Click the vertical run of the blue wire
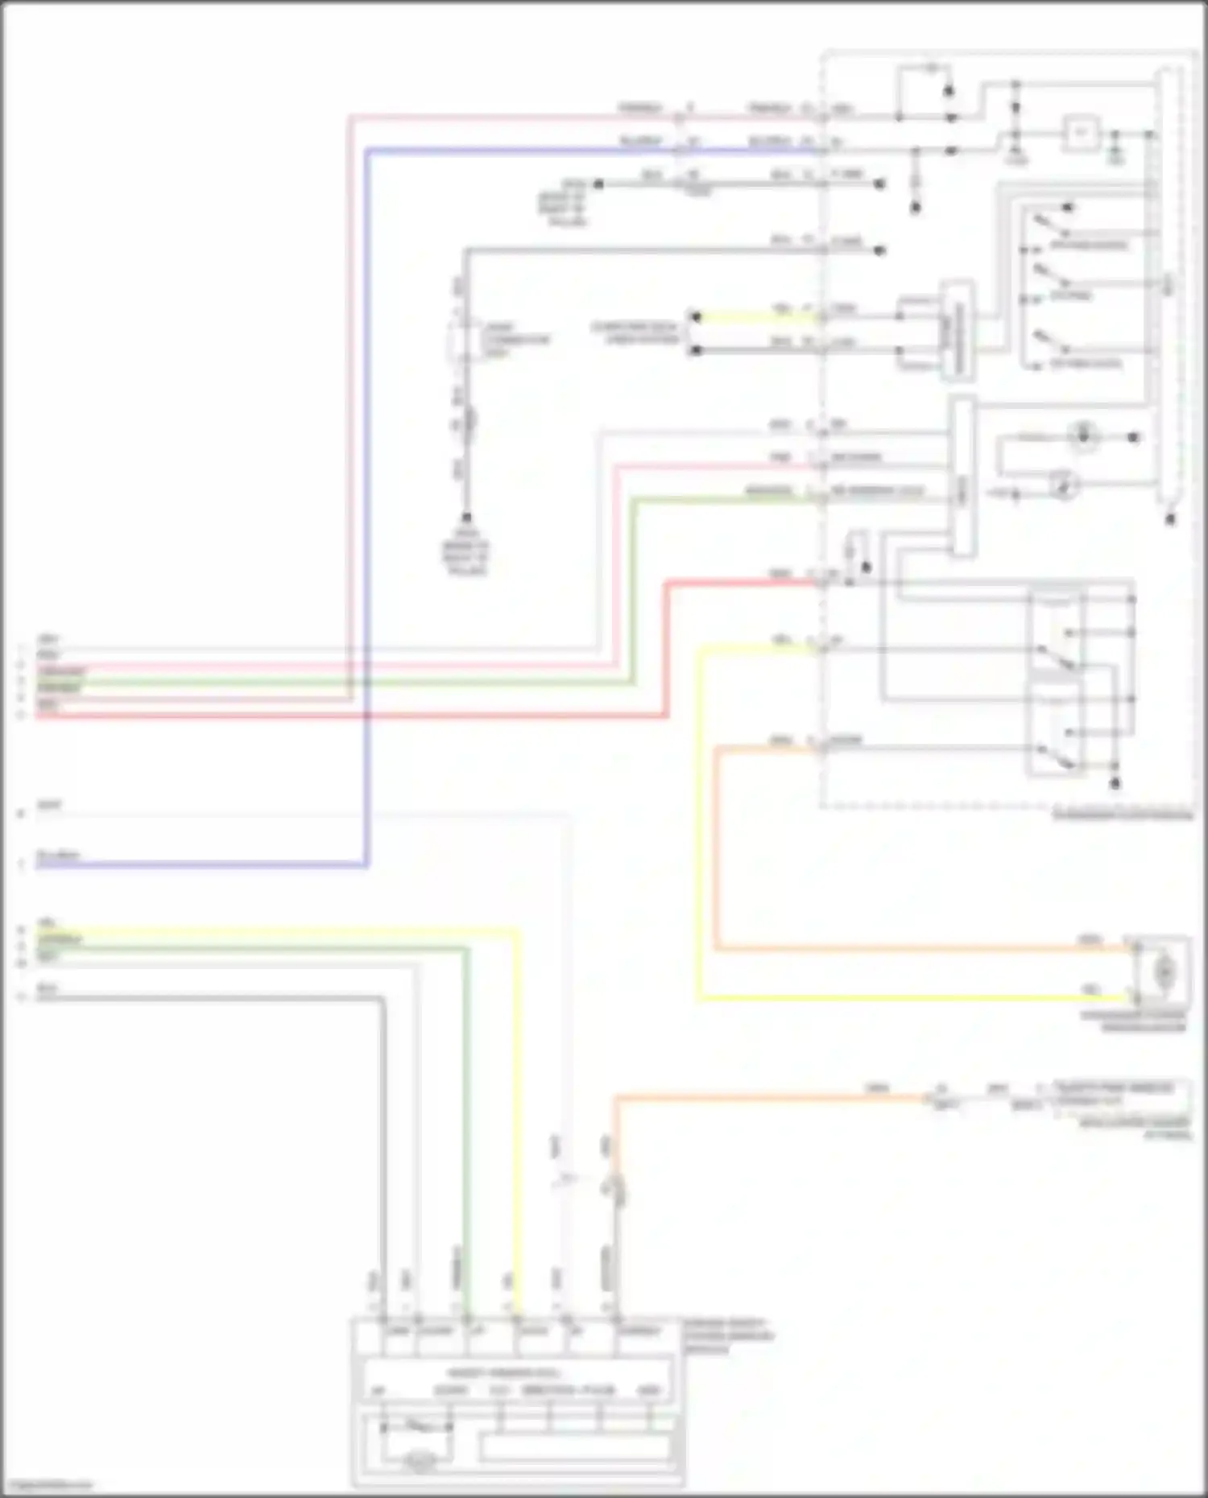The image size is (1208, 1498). click(x=367, y=507)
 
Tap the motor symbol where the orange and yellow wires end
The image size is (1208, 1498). click(x=1165, y=972)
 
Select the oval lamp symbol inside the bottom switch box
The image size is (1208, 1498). click(x=420, y=1460)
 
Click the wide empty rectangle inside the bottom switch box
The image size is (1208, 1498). click(x=575, y=1447)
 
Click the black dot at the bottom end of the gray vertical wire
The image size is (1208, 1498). click(x=465, y=518)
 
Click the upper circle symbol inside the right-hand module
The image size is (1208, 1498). click(x=1083, y=436)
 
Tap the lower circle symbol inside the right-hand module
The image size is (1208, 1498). click(x=1064, y=485)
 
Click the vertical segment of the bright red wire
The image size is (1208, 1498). click(x=667, y=648)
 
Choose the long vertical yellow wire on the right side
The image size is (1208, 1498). click(x=699, y=821)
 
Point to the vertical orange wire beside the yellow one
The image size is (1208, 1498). click(x=716, y=845)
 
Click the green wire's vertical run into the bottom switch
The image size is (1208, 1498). click(x=466, y=1127)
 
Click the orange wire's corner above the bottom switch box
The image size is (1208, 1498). click(x=617, y=1098)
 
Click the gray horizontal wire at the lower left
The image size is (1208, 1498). click(x=209, y=998)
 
